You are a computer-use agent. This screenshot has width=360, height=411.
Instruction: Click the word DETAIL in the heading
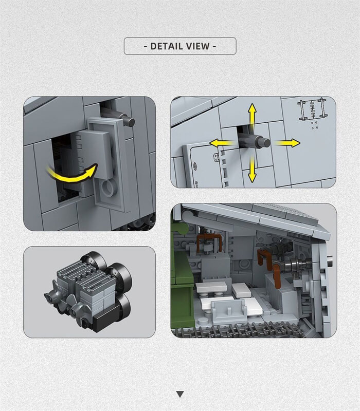[167, 46]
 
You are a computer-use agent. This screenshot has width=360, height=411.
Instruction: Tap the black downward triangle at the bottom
[180, 394]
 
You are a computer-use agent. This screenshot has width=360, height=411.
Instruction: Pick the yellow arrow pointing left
[222, 143]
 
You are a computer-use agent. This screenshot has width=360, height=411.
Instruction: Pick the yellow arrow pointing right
[287, 143]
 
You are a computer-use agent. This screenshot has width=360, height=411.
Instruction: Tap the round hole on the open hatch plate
[108, 188]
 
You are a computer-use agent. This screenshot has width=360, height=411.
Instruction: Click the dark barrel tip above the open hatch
[130, 121]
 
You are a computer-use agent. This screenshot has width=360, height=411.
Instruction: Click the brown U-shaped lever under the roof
[209, 242]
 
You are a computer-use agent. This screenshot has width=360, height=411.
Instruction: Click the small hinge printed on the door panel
[216, 157]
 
